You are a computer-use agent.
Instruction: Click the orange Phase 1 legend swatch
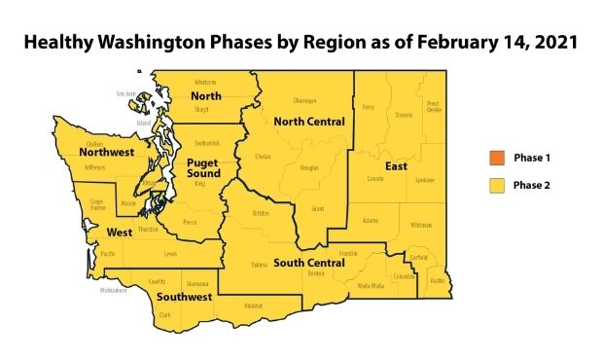point(495,157)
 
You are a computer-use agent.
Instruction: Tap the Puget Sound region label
point(202,166)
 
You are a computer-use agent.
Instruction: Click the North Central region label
point(309,122)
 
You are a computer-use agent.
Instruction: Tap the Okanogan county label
point(304,100)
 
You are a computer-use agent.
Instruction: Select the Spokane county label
point(424,181)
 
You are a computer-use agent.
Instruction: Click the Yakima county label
point(257,264)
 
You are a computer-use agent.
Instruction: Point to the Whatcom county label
point(206,82)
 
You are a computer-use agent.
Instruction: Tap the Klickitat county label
point(254,306)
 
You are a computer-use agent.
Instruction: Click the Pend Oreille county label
point(433,106)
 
